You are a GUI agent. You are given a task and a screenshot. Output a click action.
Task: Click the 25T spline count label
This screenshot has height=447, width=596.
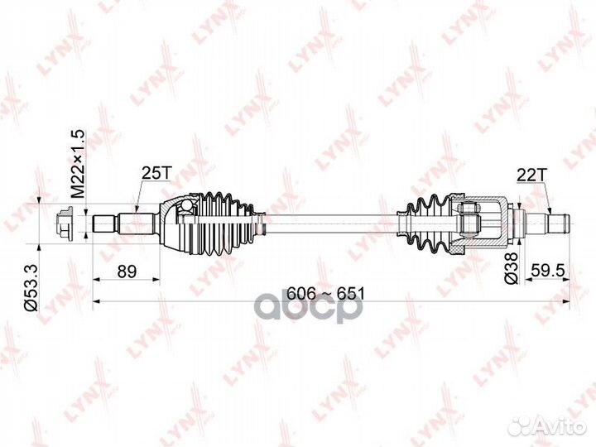pos(156,173)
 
